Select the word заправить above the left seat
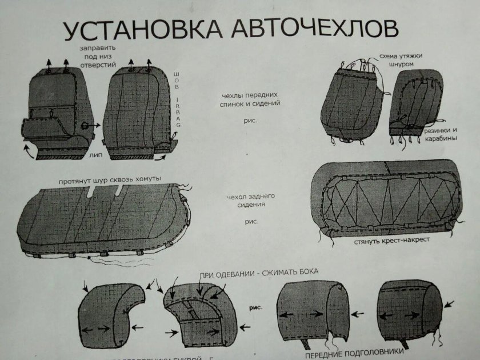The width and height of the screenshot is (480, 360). point(97,48)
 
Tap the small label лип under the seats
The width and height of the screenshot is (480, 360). point(95,154)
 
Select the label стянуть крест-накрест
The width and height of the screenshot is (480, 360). point(391,242)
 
